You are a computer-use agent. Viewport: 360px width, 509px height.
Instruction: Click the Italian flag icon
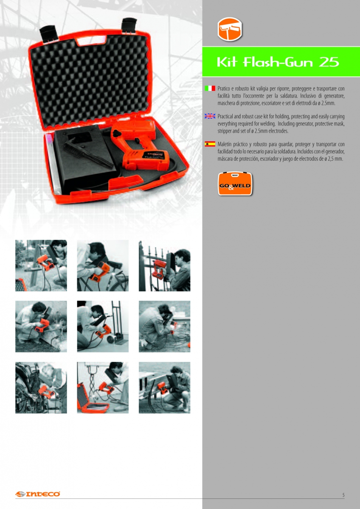210,88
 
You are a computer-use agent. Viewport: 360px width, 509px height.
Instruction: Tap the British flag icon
210,116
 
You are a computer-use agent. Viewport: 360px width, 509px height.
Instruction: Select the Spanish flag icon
210,144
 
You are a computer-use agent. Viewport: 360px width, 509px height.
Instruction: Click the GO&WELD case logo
235,184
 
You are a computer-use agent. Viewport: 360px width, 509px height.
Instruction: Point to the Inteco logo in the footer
38,494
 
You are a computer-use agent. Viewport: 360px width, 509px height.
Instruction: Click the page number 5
343,495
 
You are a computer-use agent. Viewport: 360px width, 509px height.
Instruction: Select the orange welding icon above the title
230,29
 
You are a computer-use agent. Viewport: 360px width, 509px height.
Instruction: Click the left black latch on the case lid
48,34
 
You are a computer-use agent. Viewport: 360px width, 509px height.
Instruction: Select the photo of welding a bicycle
103,266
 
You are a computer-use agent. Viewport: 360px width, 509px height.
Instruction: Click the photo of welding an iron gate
164,266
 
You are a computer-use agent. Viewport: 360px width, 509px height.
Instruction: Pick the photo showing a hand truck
103,326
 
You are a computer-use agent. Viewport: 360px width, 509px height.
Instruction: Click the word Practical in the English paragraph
225,117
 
